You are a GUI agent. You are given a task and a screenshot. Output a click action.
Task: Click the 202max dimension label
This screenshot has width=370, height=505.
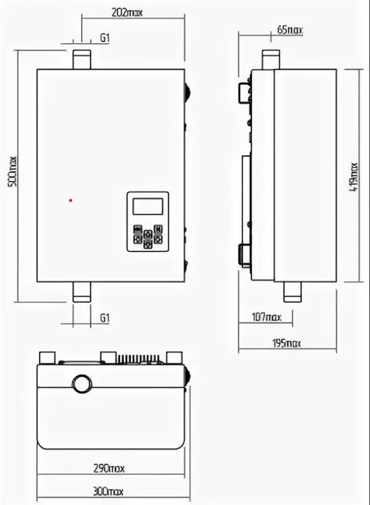pos(126,12)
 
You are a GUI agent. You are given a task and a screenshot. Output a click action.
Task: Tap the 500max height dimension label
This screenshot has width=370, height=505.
pos(12,172)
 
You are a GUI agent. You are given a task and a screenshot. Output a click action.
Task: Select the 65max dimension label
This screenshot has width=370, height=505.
pos(290,30)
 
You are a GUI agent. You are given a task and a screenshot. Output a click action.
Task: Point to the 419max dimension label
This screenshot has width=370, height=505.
pos(354,177)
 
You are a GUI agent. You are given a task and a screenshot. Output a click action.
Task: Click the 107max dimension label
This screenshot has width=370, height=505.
pos(267,317)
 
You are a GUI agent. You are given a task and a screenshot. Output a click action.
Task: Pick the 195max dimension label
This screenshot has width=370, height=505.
pos(286,343)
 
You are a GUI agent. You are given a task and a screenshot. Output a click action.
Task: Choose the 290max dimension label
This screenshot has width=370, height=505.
pos(109,468)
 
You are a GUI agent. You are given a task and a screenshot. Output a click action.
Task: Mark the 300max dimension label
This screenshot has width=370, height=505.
pos(108,491)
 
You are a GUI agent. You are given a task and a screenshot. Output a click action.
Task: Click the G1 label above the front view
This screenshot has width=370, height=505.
pos(105,38)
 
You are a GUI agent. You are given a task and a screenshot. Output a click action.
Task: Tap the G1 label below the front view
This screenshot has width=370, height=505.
pos(105,318)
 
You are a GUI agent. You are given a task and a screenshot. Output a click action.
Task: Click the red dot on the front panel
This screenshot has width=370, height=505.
pos(71,201)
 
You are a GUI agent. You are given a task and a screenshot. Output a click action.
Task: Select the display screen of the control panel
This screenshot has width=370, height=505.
pos(147,206)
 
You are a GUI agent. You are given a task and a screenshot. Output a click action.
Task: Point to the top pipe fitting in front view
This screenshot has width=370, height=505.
pos(82,60)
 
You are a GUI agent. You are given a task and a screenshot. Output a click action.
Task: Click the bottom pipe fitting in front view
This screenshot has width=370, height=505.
pos(82,292)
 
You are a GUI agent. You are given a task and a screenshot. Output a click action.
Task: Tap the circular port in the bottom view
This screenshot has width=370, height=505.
pos(82,384)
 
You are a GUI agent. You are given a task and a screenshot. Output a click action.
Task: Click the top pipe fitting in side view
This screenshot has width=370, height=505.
pos(271,60)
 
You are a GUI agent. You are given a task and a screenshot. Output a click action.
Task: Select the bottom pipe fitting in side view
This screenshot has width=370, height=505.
pos(293,292)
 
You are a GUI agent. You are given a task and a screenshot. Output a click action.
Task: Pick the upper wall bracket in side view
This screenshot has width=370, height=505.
pos(244,93)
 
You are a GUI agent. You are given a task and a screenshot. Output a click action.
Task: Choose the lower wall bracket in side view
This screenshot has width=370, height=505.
pos(244,255)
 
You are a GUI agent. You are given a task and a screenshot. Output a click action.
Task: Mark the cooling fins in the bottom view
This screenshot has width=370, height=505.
pos(139,359)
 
